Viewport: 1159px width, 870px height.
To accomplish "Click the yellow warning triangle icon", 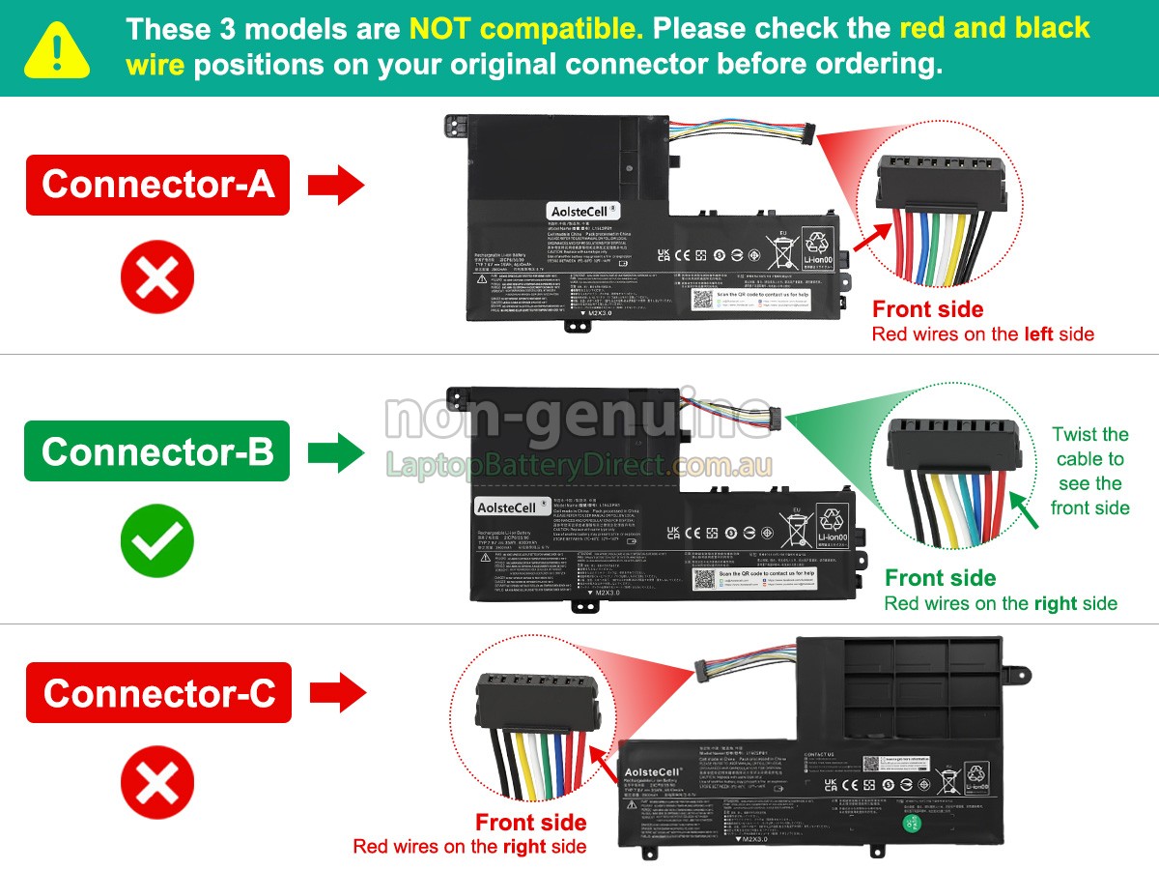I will click(x=57, y=49).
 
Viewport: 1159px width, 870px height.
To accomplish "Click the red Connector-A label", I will click(x=157, y=185).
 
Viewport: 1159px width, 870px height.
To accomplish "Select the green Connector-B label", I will click(x=157, y=451).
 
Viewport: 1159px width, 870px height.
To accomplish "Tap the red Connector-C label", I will click(x=158, y=693).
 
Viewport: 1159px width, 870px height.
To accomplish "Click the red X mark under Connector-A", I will click(x=157, y=278).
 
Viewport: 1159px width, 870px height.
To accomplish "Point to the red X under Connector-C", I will click(x=157, y=783).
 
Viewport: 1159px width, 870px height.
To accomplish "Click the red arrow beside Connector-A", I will click(x=336, y=185).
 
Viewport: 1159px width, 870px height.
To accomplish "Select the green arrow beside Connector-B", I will click(x=336, y=451).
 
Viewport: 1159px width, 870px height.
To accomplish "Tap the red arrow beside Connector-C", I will click(x=337, y=693).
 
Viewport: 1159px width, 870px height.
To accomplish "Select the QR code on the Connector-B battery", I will click(x=703, y=580).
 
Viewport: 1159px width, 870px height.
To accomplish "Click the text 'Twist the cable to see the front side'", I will click(x=1089, y=472).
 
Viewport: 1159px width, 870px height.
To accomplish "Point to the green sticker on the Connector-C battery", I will click(x=909, y=824).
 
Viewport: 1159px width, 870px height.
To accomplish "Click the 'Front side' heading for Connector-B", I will click(x=940, y=578).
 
